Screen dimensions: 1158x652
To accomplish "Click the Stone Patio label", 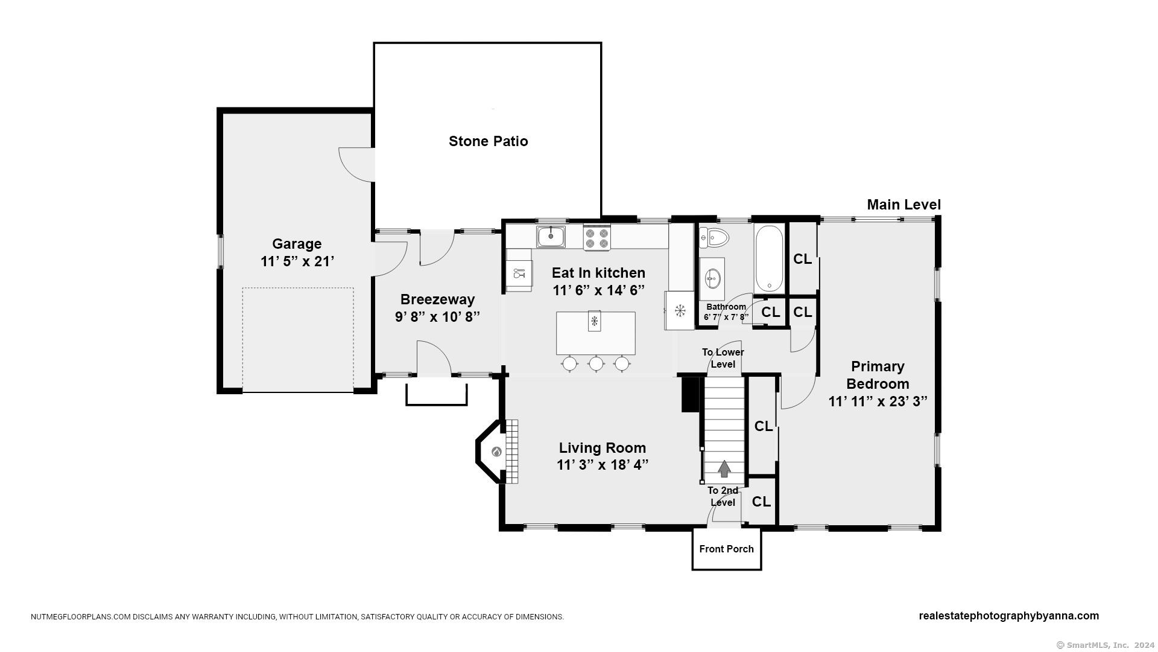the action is (x=488, y=141).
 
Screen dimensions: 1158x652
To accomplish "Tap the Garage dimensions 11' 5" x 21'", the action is (x=297, y=261).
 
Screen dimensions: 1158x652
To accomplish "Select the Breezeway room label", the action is (x=437, y=299).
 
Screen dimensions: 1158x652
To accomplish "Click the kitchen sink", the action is (x=551, y=237).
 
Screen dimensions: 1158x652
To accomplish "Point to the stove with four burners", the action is (x=597, y=237).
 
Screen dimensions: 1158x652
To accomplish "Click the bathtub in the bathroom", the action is (x=768, y=258).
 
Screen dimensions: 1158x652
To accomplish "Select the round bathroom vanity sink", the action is (x=712, y=278).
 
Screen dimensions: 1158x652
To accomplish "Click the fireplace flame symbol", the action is (x=496, y=452).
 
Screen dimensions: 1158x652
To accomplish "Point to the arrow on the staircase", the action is (x=724, y=468).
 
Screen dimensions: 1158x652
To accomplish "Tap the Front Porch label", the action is (x=726, y=549).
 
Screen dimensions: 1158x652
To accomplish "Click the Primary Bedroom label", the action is (x=878, y=375).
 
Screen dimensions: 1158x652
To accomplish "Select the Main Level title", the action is (x=903, y=205).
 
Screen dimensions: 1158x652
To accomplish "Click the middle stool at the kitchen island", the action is (x=596, y=363).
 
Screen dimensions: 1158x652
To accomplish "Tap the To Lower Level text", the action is (x=723, y=358).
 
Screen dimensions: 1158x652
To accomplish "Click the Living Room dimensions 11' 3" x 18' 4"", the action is (x=603, y=465).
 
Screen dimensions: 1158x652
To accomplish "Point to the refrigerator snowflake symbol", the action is (x=680, y=311).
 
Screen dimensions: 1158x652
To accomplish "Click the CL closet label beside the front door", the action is (x=761, y=502).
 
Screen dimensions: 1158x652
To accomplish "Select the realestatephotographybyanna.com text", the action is (x=1008, y=616).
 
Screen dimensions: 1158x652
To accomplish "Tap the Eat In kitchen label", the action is (x=598, y=273).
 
